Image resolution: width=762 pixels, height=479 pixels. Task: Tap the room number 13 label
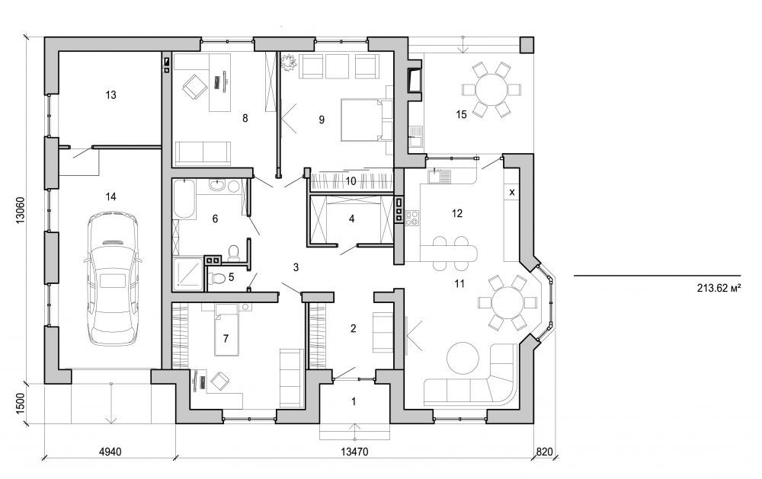pos(110,95)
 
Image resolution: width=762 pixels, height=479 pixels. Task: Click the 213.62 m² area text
pos(718,289)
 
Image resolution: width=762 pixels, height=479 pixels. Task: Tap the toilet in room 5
pos(219,279)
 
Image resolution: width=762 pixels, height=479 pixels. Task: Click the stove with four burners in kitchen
pos(412,218)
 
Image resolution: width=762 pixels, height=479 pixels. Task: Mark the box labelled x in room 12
pos(511,193)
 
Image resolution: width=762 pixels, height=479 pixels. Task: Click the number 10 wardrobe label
pos(351,180)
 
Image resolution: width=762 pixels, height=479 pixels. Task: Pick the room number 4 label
pos(351,219)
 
